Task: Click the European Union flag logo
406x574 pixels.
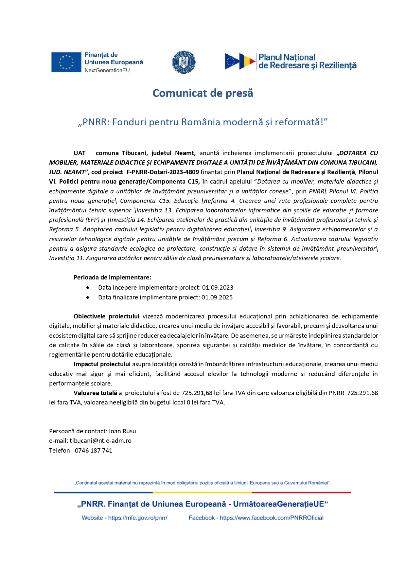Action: [x=66, y=62]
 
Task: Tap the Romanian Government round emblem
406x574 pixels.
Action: [x=184, y=62]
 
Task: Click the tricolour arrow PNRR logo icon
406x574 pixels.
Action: [x=240, y=62]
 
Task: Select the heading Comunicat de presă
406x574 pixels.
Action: [x=203, y=93]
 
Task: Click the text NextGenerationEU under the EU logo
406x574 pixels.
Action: [x=107, y=70]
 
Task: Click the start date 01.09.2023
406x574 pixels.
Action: [x=218, y=288]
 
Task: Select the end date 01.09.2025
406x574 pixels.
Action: [x=217, y=297]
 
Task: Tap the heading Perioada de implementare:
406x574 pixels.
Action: [x=112, y=278]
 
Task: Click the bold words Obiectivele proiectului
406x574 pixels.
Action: [x=106, y=316]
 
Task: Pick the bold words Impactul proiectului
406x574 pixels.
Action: [x=102, y=364]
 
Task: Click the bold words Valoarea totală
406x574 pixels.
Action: [x=95, y=393]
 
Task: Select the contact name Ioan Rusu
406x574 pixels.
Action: [x=122, y=431]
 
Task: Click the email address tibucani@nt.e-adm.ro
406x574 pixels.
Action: [x=100, y=441]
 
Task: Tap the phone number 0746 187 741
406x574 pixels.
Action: [x=94, y=451]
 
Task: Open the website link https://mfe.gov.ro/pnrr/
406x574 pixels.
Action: [x=138, y=518]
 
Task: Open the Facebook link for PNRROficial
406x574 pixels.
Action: [x=272, y=518]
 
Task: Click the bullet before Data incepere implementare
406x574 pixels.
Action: [x=88, y=288]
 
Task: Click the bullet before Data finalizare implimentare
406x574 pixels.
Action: [x=88, y=297]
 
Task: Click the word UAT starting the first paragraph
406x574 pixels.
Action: [x=79, y=153]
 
